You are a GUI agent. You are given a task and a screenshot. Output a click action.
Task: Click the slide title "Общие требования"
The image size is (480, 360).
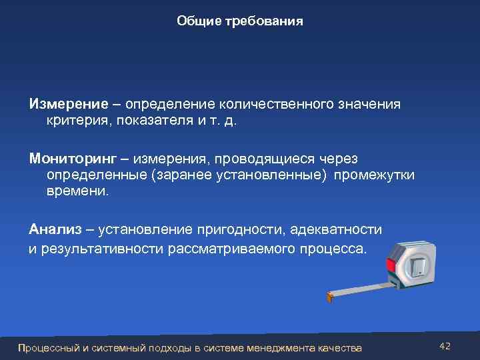point(240,21)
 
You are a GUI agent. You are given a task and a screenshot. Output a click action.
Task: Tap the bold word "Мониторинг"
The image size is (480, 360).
point(73,159)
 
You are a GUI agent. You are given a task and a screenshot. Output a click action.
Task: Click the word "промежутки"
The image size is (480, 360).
point(375,175)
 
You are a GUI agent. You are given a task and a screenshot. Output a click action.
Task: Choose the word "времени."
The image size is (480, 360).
point(77,192)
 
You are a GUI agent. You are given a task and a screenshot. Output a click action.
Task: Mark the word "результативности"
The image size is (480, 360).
point(98,250)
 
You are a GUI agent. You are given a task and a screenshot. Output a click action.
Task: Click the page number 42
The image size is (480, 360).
point(445,346)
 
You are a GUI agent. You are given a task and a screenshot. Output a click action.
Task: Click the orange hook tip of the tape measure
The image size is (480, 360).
point(329,297)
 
